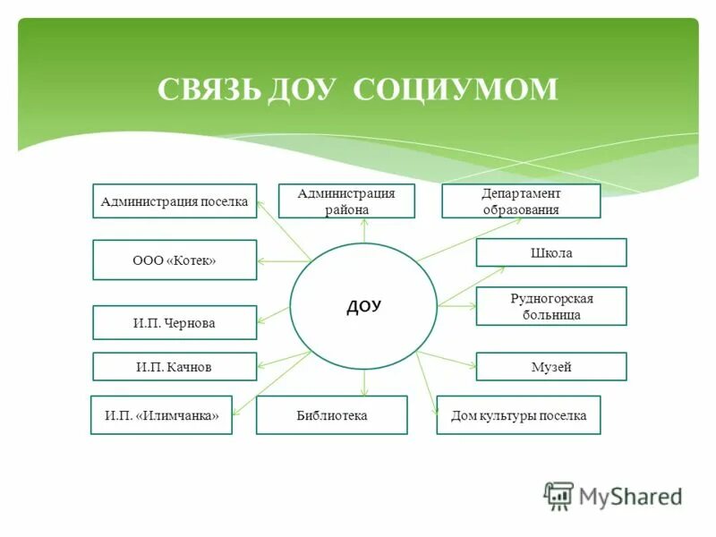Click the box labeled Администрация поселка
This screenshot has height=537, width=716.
tap(175, 201)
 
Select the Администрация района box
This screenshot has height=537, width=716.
tap(346, 201)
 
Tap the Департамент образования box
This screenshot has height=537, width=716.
tap(521, 201)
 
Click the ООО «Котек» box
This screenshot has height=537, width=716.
tap(175, 260)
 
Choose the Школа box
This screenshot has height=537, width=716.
tap(550, 253)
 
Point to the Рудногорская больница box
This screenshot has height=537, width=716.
tap(550, 306)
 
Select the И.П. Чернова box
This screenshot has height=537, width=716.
tap(175, 323)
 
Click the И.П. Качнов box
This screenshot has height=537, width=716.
tap(175, 367)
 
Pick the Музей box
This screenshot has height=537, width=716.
tap(550, 367)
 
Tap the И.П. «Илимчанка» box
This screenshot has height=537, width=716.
tap(161, 415)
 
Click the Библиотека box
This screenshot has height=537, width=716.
tap(332, 415)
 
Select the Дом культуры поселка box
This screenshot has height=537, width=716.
tap(518, 415)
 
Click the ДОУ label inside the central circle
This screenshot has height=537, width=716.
tap(363, 306)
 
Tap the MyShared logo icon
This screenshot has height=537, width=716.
tap(558, 495)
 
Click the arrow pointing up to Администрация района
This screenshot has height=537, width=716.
tap(364, 230)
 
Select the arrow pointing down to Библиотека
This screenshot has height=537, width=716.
tap(364, 383)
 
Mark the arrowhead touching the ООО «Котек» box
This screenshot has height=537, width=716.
tap(261, 261)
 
